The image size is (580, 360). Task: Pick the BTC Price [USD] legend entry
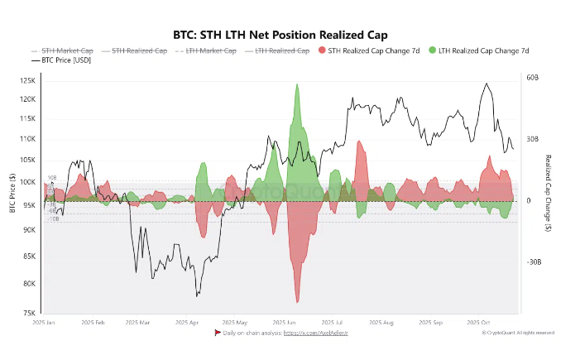pos(62,61)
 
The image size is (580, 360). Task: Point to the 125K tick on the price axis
pos(28,81)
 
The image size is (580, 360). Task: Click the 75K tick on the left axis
pos(30,314)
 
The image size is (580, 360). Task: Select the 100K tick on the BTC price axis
pos(28,182)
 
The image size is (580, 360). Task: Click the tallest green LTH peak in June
pos(296,85)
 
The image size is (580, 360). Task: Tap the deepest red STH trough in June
pos(296,301)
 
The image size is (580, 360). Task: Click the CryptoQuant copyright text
pos(518,333)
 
